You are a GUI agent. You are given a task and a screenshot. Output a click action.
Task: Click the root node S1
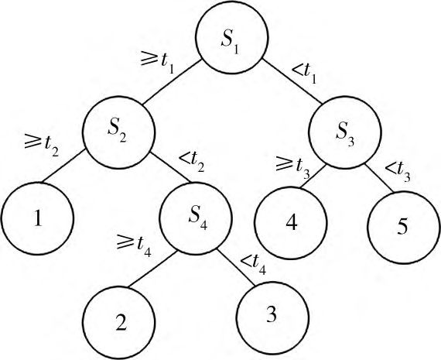pyautogui.click(x=232, y=38)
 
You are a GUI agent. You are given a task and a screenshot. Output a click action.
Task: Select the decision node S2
pyautogui.click(x=118, y=132)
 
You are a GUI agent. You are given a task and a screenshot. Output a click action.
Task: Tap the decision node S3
pyautogui.click(x=345, y=132)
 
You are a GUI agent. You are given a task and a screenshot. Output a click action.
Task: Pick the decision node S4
pyautogui.click(x=196, y=218)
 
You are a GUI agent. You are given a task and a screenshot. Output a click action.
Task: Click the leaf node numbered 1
pyautogui.click(x=38, y=218)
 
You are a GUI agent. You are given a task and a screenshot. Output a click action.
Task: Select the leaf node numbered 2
pyautogui.click(x=118, y=323)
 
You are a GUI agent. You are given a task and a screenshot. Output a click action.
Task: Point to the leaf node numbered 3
pyautogui.click(x=272, y=317)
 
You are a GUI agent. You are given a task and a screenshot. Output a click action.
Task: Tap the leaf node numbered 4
pyautogui.click(x=291, y=223)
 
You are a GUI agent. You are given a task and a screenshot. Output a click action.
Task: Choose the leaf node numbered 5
pyautogui.click(x=404, y=228)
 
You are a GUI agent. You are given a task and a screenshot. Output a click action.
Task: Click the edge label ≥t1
pyautogui.click(x=157, y=62)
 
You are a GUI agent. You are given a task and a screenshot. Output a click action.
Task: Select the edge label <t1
pyautogui.click(x=305, y=74)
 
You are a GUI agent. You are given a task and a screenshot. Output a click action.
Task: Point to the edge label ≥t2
pyautogui.click(x=41, y=146)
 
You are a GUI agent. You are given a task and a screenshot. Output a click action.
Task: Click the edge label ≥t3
pyautogui.click(x=292, y=168)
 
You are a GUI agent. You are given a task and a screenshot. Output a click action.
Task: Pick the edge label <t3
pyautogui.click(x=398, y=171)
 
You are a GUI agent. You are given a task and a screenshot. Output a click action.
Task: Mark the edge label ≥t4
pyautogui.click(x=134, y=245)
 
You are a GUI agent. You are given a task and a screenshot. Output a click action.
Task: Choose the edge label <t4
pyautogui.click(x=253, y=264)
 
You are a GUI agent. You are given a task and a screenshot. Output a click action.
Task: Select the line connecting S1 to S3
pyautogui.click(x=292, y=81)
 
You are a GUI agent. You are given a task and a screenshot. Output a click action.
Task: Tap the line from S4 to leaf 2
pyautogui.click(x=152, y=269)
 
